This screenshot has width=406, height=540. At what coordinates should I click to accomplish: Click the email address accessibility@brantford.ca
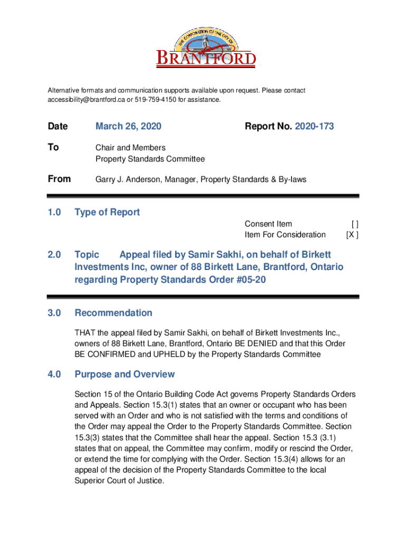pos(79,100)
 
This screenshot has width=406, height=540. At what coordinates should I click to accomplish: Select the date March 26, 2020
pos(128,127)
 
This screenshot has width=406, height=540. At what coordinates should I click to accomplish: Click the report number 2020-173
pos(314,127)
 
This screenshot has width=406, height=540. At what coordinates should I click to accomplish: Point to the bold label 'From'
pos(59,179)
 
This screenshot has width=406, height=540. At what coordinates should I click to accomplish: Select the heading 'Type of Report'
pos(107,213)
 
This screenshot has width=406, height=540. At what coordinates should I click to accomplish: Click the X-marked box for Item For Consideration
pos(352,235)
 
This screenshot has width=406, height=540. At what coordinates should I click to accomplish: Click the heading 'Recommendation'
pos(113,313)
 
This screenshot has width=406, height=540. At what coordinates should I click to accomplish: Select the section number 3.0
pos(54,313)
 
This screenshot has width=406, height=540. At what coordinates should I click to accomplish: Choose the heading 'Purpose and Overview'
pos(124,374)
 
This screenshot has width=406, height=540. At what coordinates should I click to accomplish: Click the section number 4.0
pos(54,374)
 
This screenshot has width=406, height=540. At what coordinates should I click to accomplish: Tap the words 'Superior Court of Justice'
pos(119,481)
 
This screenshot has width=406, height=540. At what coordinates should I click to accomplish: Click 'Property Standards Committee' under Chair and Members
pos(150,159)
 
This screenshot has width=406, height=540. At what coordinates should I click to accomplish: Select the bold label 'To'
pos(53,148)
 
